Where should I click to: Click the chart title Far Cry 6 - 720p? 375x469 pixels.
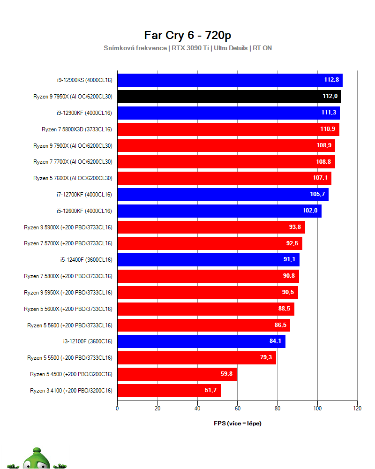187,36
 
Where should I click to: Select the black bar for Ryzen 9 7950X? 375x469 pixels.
229,97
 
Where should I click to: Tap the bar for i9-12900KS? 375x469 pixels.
230,80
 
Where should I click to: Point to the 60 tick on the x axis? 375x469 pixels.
237,408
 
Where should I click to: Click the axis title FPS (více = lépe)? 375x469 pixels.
237,424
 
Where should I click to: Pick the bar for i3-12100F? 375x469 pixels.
201,341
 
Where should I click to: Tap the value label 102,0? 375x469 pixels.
310,211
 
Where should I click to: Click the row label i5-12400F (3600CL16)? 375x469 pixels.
86,260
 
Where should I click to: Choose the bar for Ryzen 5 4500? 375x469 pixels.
177,374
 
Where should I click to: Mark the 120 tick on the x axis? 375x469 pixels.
357,408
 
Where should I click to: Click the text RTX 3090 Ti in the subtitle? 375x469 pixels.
189,48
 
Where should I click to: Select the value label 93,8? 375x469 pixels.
295,227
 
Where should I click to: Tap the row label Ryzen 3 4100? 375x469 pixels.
71,390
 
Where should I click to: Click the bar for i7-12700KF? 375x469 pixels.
223,194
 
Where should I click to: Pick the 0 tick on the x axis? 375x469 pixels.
117,408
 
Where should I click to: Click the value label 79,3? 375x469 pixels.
266,358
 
